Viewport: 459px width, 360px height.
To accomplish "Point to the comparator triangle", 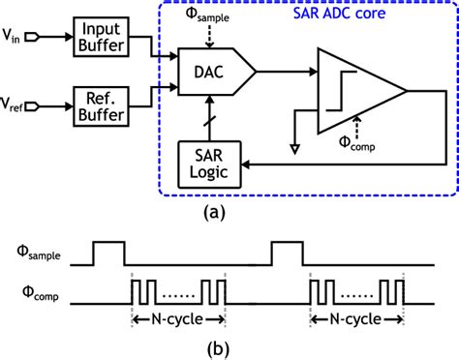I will pyautogui.click(x=352, y=90).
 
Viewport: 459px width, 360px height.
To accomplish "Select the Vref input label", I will pyautogui.click(x=16, y=103).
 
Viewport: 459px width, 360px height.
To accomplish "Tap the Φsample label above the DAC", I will pyautogui.click(x=217, y=17).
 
